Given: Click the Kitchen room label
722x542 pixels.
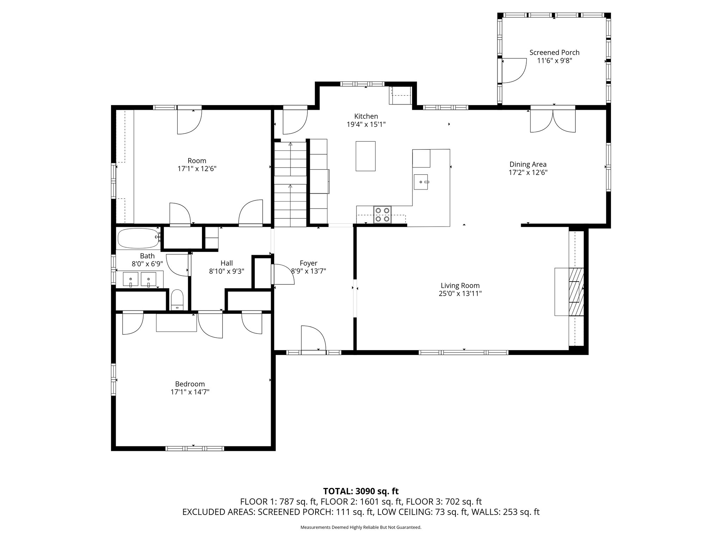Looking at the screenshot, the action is click(x=366, y=116).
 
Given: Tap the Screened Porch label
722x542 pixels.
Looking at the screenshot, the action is click(x=554, y=52).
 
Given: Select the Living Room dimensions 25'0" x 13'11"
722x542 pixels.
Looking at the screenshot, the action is click(x=460, y=294).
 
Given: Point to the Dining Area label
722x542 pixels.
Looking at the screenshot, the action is click(x=528, y=164).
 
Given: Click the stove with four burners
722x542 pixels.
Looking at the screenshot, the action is click(x=383, y=215).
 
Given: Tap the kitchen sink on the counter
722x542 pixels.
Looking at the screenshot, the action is click(x=421, y=182).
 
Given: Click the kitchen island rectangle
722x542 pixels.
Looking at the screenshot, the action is click(x=366, y=156).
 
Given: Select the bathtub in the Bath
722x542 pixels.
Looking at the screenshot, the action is click(x=138, y=238).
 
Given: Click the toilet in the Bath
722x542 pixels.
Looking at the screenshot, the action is click(x=177, y=300).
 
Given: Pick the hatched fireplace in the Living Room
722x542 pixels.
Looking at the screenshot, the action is click(x=576, y=292).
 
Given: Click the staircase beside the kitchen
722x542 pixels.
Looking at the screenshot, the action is click(x=290, y=184).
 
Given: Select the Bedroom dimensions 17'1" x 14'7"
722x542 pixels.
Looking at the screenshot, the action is click(x=190, y=392).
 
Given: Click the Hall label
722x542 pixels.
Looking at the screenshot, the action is click(x=227, y=263).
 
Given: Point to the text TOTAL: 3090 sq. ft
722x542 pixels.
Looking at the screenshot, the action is click(x=361, y=491).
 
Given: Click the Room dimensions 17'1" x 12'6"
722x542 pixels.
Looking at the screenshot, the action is click(x=197, y=169).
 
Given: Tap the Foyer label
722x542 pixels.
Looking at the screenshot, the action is click(x=308, y=263).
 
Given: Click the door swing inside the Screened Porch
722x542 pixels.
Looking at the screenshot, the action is click(x=514, y=71).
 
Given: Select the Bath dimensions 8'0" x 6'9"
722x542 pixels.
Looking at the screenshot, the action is click(x=147, y=264).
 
